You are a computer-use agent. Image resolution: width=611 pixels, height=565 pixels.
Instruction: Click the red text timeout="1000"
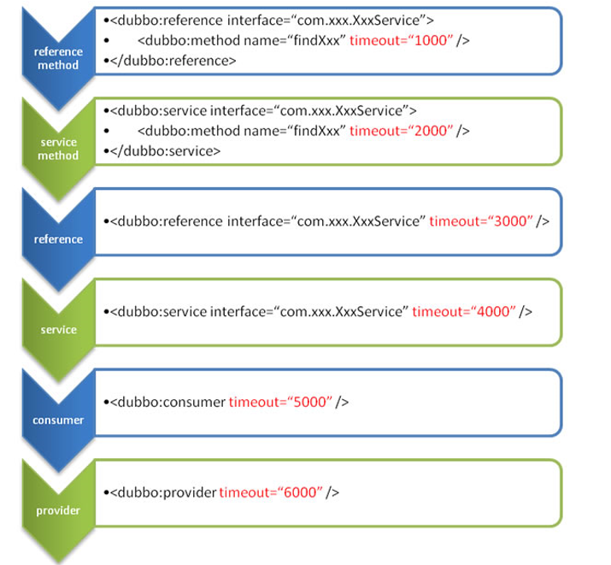click(401, 40)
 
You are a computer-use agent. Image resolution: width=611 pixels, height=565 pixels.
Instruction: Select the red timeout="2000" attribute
click(401, 131)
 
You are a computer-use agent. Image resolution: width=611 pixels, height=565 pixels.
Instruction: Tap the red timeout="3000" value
click(481, 221)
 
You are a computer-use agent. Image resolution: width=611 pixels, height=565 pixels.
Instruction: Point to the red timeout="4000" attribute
click(464, 312)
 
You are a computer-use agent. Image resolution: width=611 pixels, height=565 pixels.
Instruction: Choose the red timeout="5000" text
click(280, 402)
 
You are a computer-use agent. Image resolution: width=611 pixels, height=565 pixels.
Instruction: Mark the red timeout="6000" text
click(271, 492)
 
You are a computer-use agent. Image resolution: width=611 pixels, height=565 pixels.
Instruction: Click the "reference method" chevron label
click(58, 58)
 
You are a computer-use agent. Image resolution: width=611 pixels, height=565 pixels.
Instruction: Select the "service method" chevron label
click(58, 149)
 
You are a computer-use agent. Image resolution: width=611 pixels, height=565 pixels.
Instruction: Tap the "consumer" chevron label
click(58, 420)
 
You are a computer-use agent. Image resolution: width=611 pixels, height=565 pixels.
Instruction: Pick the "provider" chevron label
click(58, 510)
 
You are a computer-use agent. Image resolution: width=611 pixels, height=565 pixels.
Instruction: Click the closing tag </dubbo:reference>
click(173, 61)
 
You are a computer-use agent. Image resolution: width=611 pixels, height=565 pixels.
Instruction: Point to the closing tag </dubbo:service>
click(165, 151)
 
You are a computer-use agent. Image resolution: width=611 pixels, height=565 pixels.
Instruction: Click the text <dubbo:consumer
click(168, 402)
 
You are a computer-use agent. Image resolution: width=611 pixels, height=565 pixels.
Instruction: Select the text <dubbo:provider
click(163, 492)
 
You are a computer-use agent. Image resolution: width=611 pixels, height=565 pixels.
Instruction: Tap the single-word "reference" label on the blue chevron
click(58, 239)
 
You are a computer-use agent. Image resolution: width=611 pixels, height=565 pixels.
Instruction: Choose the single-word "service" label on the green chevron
click(58, 330)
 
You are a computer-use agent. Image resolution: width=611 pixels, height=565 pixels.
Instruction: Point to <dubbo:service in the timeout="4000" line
click(158, 312)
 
